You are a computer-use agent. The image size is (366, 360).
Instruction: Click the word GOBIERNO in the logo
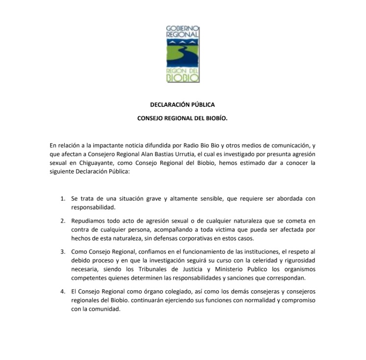183,28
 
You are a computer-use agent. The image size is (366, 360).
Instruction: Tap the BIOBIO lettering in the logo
183,77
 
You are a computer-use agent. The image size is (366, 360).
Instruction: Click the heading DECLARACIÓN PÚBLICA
182,105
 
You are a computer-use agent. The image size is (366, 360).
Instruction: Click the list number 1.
63,199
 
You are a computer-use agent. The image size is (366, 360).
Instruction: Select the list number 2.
63,221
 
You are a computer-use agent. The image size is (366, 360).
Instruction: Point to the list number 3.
63,252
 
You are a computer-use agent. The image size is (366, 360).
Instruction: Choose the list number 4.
63,292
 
